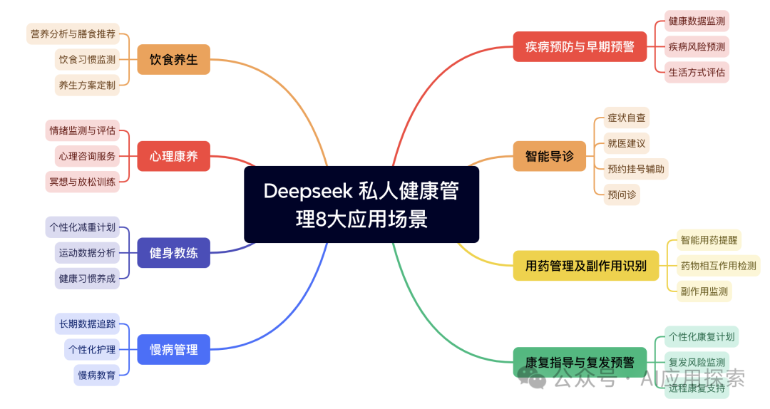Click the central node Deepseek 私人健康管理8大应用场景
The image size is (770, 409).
click(x=361, y=204)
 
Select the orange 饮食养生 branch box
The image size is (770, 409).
click(x=173, y=59)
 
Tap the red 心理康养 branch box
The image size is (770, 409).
click(x=173, y=156)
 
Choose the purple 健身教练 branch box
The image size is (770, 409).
click(x=173, y=252)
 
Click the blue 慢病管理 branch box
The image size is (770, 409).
click(x=173, y=349)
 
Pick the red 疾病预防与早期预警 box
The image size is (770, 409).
click(x=580, y=47)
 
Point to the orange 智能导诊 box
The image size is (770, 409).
click(x=549, y=156)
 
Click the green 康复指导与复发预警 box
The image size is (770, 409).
click(x=580, y=362)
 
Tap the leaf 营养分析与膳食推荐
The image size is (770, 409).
click(x=73, y=33)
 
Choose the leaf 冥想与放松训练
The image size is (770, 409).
click(x=82, y=181)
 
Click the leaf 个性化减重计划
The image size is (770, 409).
click(x=82, y=227)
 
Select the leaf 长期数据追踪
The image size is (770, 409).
click(x=87, y=323)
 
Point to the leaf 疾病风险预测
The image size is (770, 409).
click(x=697, y=47)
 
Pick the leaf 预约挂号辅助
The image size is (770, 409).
click(x=636, y=169)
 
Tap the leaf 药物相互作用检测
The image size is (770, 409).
click(x=718, y=266)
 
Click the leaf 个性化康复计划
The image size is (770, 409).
click(x=701, y=336)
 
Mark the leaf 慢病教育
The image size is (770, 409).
click(x=96, y=375)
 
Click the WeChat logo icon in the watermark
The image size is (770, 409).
click(x=532, y=378)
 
